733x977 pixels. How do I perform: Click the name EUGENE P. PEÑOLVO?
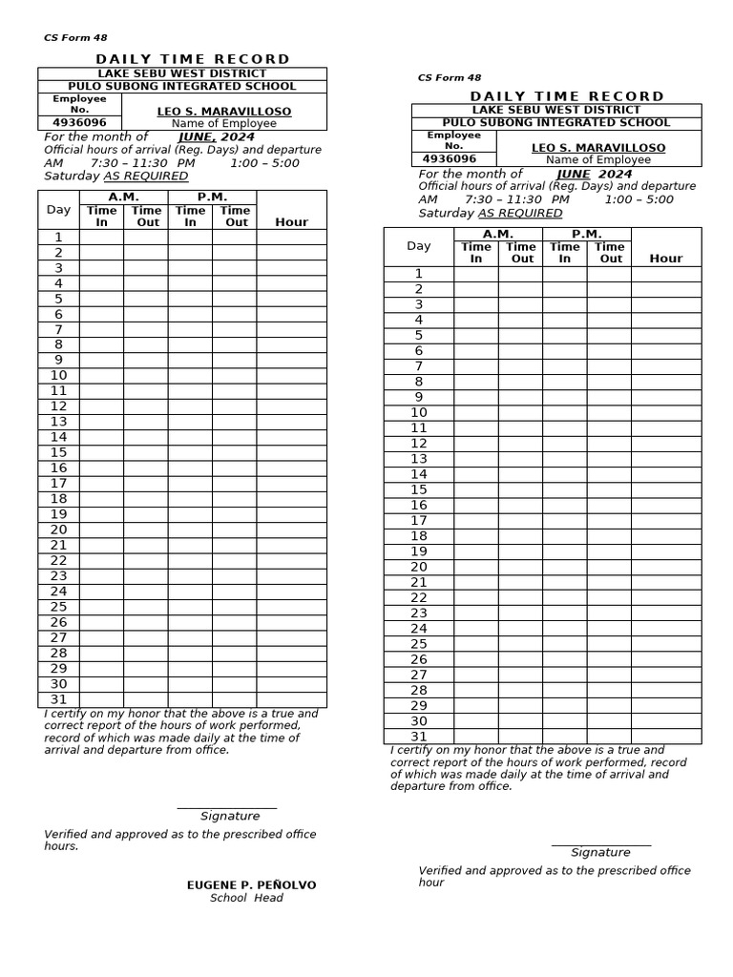pos(251,885)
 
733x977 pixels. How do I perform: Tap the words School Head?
pos(246,898)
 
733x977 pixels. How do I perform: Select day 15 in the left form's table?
pos(59,452)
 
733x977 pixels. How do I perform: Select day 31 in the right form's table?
pos(419,737)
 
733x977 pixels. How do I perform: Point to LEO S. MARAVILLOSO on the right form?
pos(598,148)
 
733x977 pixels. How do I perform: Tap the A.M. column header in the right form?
pos(498,234)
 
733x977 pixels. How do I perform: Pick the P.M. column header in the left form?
pos(212,197)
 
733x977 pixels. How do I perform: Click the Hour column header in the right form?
pos(666,259)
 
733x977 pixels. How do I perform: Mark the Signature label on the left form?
pos(230,816)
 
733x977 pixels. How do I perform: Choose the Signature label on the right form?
pos(600,852)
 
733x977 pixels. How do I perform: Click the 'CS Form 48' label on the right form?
pos(450,78)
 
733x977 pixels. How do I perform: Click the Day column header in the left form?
pos(59,209)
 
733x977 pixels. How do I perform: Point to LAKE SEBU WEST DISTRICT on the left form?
pos(182,73)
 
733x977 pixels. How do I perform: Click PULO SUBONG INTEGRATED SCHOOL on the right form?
pos(556,122)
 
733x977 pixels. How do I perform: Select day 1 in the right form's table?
pos(419,274)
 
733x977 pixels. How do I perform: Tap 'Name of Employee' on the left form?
pos(223,123)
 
